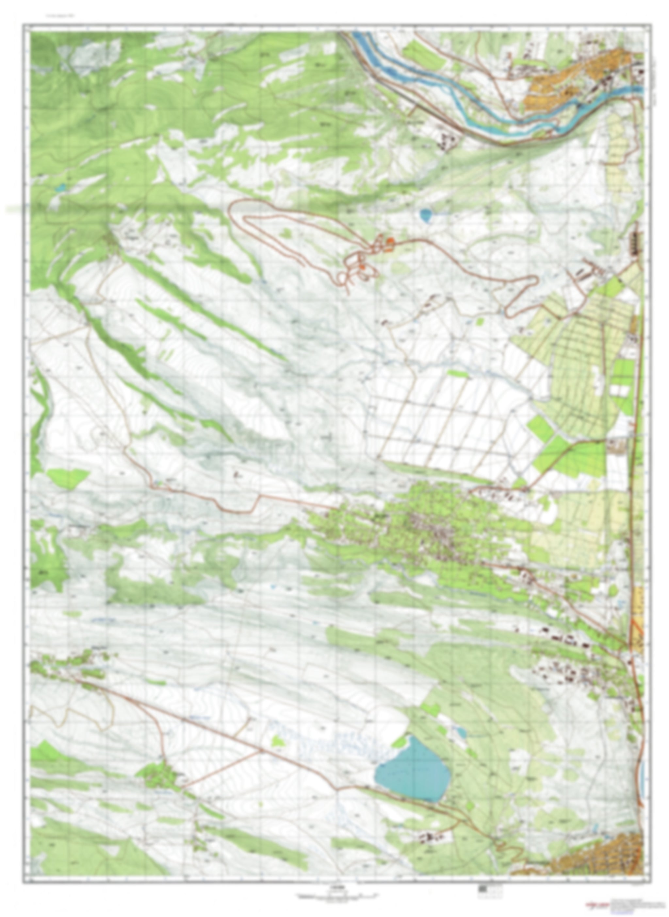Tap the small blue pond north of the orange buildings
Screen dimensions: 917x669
[x=426, y=215]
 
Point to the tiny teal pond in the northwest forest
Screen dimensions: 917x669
[x=61, y=188]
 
